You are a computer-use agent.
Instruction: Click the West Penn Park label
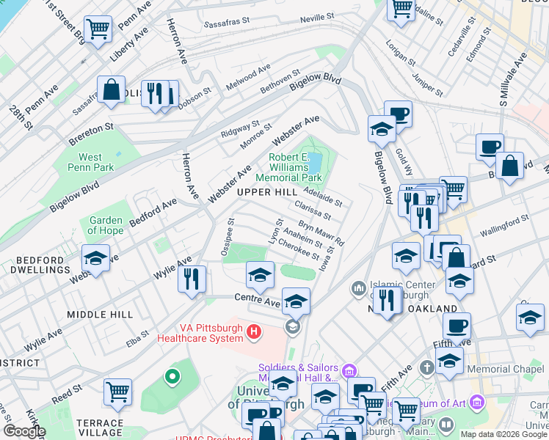[x=90, y=162]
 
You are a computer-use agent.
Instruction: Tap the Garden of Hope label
[x=106, y=225]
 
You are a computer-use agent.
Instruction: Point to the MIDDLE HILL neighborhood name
[x=100, y=314]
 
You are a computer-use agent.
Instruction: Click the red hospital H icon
[x=254, y=332]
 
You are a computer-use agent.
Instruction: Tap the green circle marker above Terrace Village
[x=172, y=377]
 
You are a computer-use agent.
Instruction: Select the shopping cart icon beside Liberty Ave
[x=98, y=29]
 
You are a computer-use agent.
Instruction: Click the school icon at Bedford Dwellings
[x=95, y=257]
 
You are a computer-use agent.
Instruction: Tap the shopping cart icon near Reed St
[x=117, y=392]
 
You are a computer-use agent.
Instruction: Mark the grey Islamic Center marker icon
[x=358, y=287]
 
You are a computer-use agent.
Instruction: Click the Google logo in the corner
[x=24, y=431]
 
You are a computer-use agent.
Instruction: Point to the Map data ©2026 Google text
[x=503, y=434]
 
